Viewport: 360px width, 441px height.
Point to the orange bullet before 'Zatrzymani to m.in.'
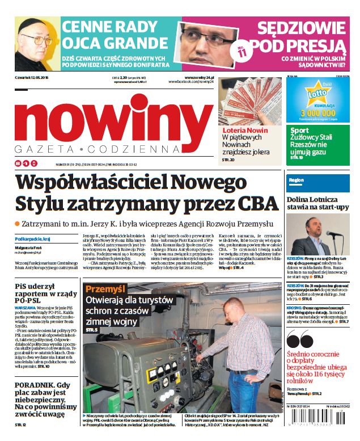(x=17, y=224)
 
